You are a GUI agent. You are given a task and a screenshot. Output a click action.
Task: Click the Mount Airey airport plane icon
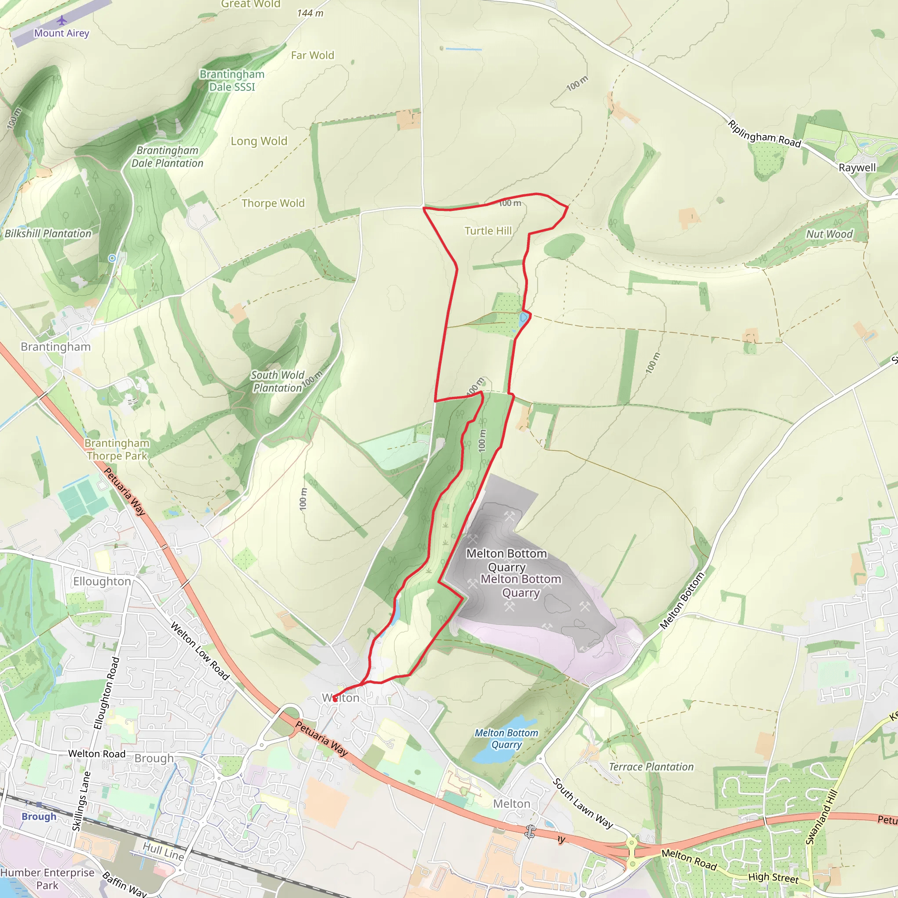[x=62, y=21]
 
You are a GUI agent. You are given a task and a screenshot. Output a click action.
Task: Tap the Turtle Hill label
[x=488, y=231]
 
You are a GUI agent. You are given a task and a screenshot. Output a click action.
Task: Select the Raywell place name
[x=857, y=168]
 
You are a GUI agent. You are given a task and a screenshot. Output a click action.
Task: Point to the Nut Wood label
[x=829, y=234]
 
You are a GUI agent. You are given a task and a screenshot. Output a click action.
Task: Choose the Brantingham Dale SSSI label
[x=232, y=80]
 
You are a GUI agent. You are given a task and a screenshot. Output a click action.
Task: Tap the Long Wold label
[x=259, y=141]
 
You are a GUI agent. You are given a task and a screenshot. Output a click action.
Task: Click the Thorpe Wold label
[x=273, y=203]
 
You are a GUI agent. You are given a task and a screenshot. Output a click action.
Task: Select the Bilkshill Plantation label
[x=48, y=234]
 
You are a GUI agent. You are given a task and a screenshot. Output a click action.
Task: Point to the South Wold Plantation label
[x=278, y=381]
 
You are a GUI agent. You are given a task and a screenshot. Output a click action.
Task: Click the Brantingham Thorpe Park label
[x=117, y=449]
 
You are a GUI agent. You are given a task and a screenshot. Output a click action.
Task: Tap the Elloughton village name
[x=102, y=581]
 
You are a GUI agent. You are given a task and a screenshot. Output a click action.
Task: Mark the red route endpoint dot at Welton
[x=335, y=698]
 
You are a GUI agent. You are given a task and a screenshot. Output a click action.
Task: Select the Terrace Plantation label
[x=651, y=767]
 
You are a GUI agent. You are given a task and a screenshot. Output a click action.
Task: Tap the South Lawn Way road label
[x=583, y=804]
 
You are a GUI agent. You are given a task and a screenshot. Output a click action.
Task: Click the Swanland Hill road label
[x=821, y=816]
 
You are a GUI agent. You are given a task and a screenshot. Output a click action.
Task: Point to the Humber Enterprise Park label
[x=47, y=879]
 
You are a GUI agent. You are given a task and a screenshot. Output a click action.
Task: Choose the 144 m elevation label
[x=310, y=13]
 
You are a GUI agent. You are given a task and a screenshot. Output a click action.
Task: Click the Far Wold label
[x=312, y=56]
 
